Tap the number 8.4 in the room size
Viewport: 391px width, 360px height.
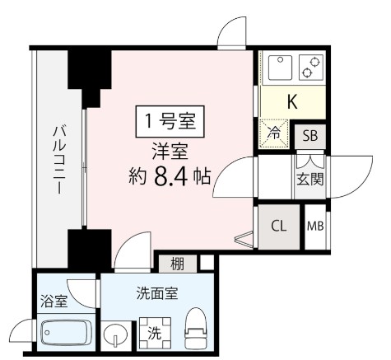point(175,176)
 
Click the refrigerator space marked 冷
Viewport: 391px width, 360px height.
point(275,131)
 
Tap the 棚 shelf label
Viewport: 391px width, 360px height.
point(178,264)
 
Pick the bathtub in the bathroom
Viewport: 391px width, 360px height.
point(66,334)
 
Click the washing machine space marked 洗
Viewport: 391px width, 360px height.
point(155,334)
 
